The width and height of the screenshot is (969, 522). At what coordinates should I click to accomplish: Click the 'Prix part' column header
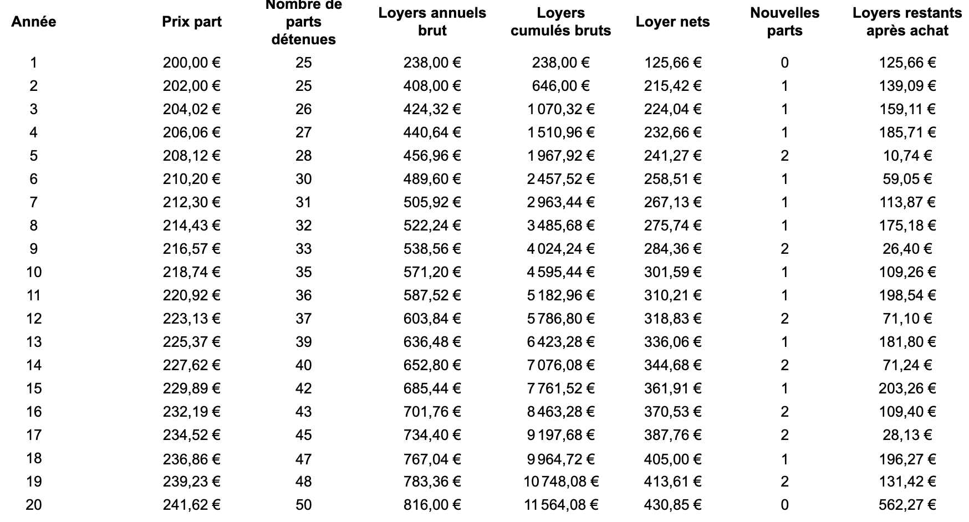[192, 22]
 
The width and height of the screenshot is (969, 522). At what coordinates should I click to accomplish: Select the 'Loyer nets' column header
[672, 22]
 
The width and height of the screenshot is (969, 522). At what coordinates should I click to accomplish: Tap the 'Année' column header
[34, 22]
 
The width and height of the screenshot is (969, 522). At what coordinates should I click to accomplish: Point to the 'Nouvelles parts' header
[784, 22]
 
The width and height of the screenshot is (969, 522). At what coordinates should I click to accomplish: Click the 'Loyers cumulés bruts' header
[560, 22]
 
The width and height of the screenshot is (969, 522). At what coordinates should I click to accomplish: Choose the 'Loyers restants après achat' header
[907, 22]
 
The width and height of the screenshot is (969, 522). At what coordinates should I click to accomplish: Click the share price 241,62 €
[192, 505]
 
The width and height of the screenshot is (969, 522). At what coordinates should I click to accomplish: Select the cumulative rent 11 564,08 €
[561, 505]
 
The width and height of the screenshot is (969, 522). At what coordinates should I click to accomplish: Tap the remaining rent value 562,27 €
[907, 505]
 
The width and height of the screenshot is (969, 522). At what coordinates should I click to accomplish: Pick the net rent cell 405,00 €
[672, 459]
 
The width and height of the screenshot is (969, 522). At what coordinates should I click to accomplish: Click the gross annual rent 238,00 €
[432, 63]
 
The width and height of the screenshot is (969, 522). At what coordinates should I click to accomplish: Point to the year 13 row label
[34, 342]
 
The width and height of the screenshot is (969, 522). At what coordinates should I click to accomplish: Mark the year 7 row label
[34, 202]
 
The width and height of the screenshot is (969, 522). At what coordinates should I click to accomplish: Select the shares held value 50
[304, 505]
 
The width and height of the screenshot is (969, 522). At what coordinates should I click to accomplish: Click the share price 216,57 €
[192, 249]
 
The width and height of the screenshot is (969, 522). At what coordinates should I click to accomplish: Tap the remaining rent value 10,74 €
[907, 156]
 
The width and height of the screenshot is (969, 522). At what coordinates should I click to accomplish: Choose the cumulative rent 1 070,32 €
[561, 109]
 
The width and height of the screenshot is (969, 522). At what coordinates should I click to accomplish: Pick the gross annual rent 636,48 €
[432, 342]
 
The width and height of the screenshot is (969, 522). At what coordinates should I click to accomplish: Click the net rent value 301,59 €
[672, 272]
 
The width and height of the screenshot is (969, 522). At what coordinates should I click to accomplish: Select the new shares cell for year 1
[784, 63]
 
